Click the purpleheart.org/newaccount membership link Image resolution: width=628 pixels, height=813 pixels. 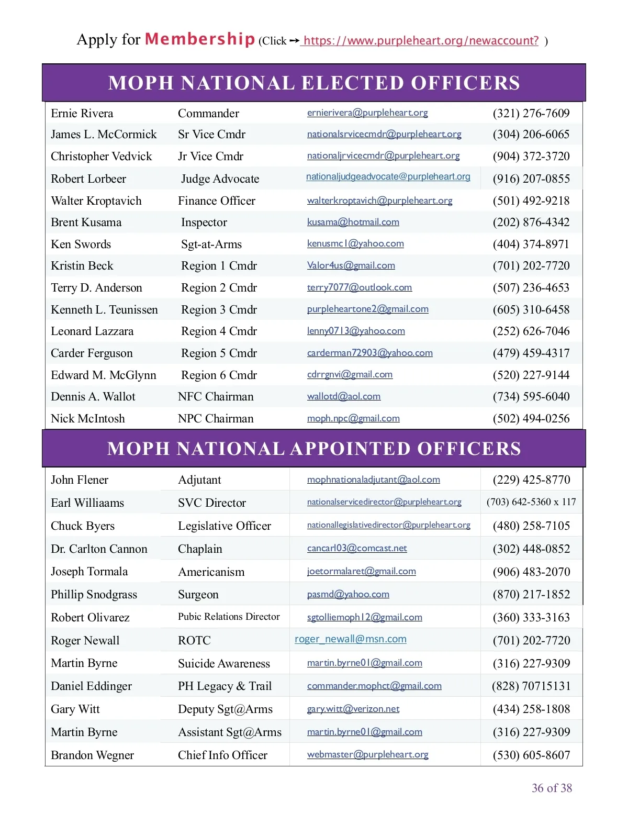pos(421,41)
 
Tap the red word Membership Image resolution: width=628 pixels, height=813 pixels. pos(199,39)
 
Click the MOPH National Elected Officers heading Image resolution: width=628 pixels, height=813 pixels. pos(314,83)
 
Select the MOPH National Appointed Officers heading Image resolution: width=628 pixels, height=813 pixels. pos(314,449)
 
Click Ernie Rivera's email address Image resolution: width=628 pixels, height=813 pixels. pos(367,113)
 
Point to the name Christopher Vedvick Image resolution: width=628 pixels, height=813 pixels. pos(102,157)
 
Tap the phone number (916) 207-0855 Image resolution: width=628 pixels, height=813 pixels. pos(531,179)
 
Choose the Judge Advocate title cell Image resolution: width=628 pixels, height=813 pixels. pos(220,179)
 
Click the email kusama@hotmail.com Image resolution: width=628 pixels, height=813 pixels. pos(353,222)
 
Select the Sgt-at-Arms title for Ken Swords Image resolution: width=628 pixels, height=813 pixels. pos(211,244)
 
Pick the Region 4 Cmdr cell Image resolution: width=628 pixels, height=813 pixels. pos(219,331)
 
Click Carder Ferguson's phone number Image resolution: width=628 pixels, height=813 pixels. pos(531,353)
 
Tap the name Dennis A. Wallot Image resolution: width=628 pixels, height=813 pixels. pos(93,397)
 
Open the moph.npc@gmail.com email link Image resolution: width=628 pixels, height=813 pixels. pos(353,418)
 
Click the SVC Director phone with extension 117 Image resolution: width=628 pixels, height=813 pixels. pos(531,502)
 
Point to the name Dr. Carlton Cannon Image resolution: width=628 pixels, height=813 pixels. pos(99,549)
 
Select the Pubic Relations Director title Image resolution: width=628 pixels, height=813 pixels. pos(229,617)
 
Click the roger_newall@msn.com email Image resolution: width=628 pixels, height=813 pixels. pos(351,639)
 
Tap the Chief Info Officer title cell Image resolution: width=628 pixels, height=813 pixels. pos(222,755)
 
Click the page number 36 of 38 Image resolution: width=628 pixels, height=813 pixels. pos(552,788)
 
